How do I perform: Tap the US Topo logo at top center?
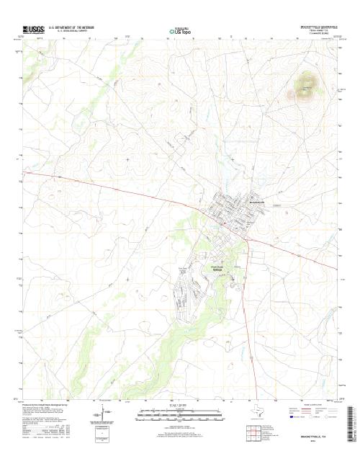coord(180,31)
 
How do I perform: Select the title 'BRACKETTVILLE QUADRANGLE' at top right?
coord(316,26)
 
